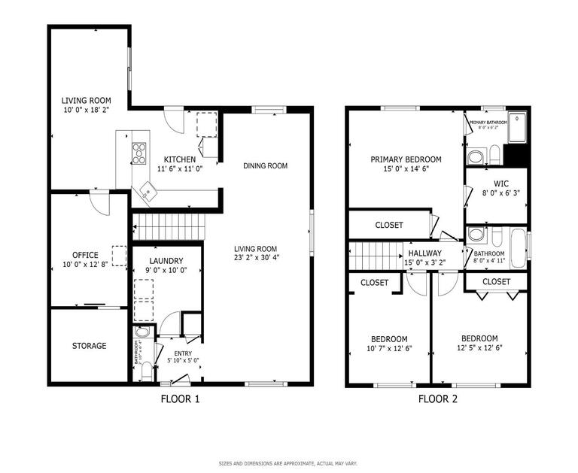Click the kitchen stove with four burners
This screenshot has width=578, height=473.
click(x=139, y=153)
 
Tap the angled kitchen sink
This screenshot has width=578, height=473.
click(x=148, y=193)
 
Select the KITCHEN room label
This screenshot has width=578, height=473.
click(x=180, y=159)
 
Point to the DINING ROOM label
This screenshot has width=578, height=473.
click(x=265, y=166)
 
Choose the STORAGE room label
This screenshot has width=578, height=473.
click(x=89, y=346)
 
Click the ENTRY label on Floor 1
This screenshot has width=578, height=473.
click(x=183, y=353)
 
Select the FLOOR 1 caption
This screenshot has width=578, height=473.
click(x=180, y=399)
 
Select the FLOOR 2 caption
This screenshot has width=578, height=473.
click(x=438, y=399)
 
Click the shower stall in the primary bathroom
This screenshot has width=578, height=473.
click(x=516, y=127)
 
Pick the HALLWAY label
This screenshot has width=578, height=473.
click(x=425, y=253)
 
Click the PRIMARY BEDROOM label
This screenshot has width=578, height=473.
click(x=406, y=159)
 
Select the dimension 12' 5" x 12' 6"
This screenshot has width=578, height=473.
click(x=479, y=347)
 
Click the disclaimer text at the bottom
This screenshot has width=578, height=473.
click(x=288, y=463)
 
